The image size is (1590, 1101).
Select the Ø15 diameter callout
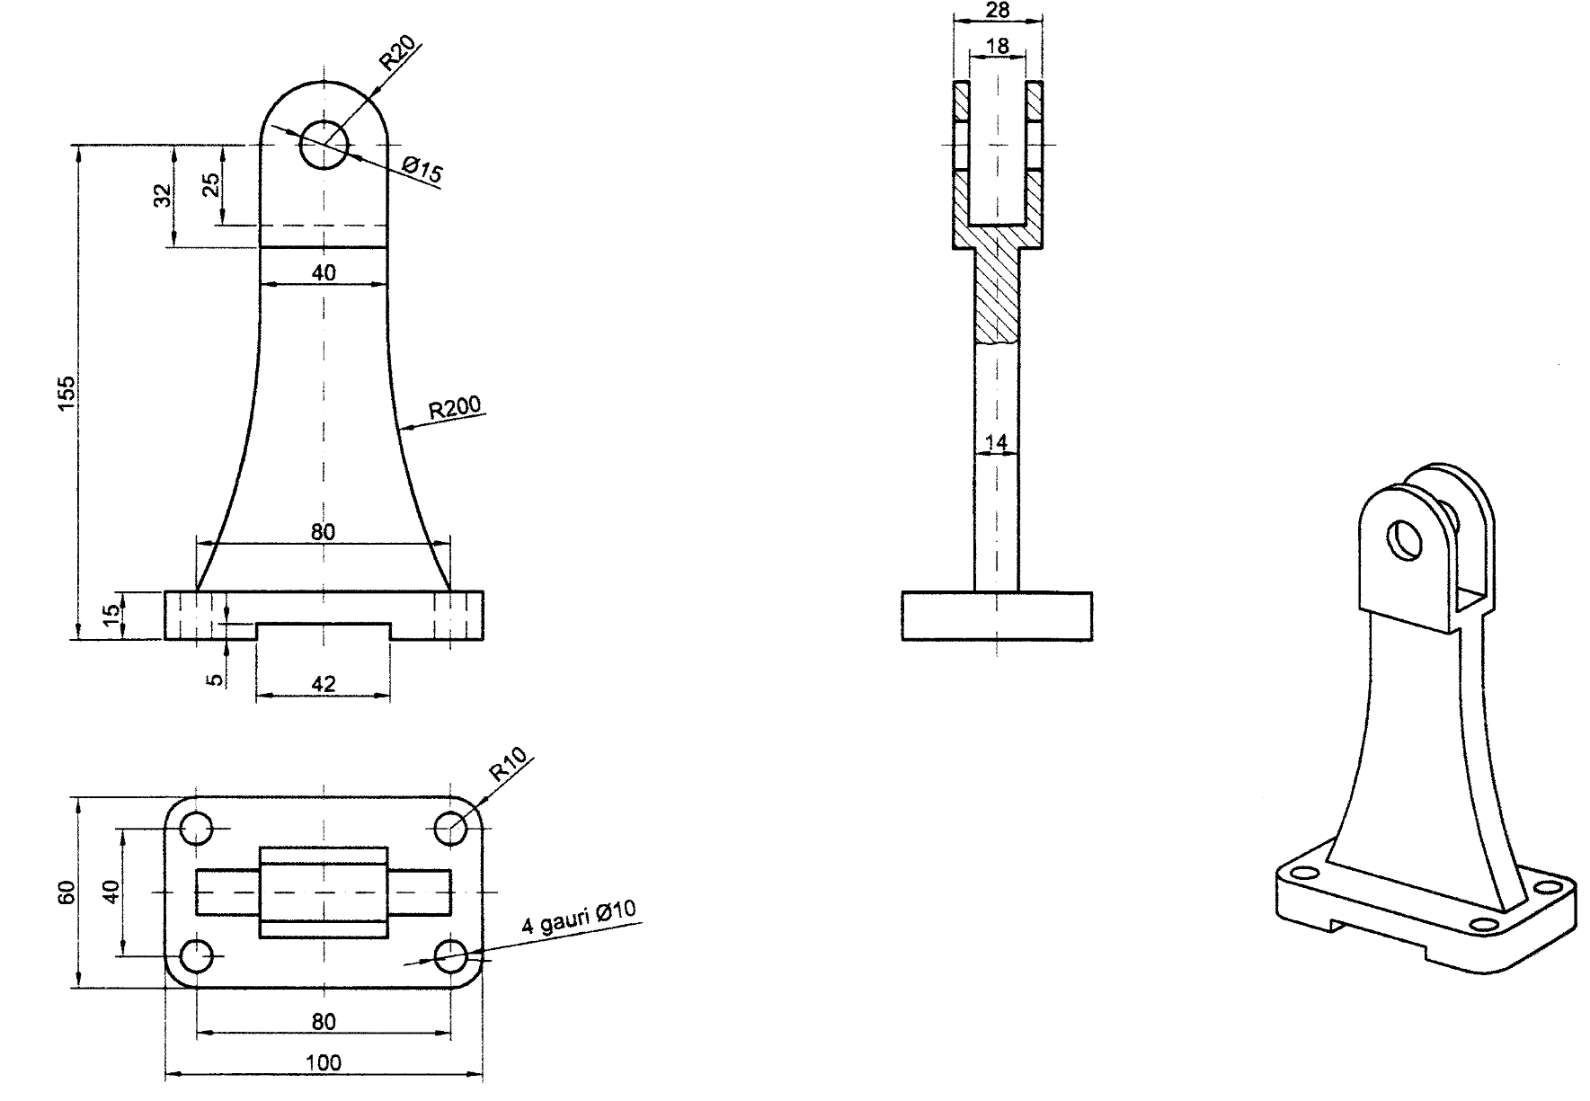(x=422, y=169)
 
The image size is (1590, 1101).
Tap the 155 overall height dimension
(x=67, y=394)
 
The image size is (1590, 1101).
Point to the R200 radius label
(x=455, y=409)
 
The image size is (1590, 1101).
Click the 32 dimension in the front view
(x=163, y=195)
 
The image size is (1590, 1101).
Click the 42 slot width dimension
(x=323, y=684)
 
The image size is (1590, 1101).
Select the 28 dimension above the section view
(x=998, y=10)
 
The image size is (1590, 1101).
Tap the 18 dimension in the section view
(x=997, y=45)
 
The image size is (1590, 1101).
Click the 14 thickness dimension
(x=996, y=442)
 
